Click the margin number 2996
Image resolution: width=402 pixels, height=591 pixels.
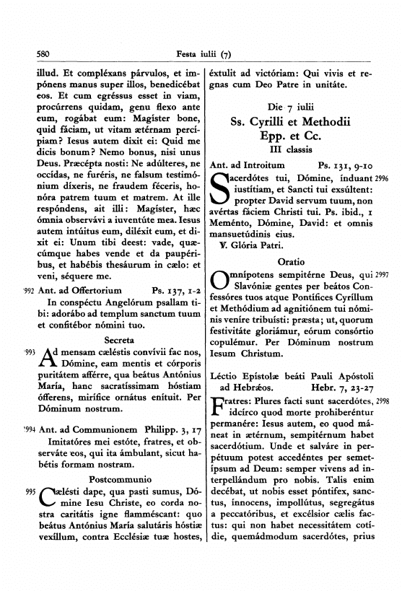point(382,178)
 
